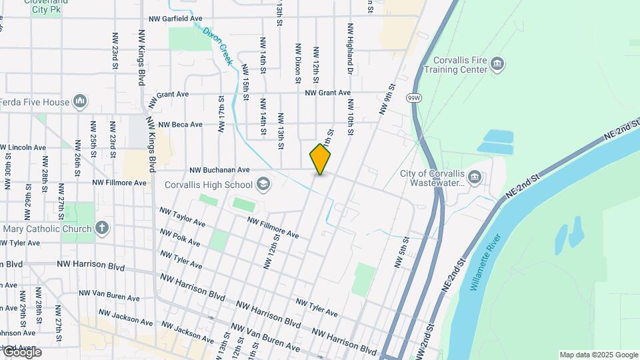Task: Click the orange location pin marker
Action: coord(320,159)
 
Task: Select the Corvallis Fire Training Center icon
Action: coord(497,64)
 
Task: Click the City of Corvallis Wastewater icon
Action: coord(475,177)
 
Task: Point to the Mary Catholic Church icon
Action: coord(101,229)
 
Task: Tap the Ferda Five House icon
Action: coord(80,101)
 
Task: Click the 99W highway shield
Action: coord(413,97)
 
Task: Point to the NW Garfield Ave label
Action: coord(175,19)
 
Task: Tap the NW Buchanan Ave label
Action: coord(219,170)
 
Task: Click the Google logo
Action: coord(21,351)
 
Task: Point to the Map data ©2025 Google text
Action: coord(599,355)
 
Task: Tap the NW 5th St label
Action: coord(401,252)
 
